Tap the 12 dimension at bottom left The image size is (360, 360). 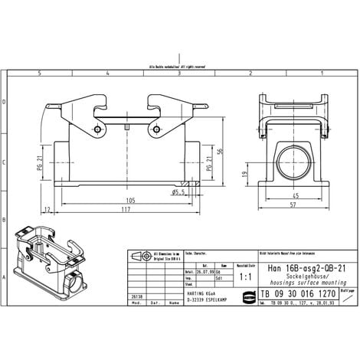coord(47,209)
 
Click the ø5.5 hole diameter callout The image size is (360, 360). coord(180,191)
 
